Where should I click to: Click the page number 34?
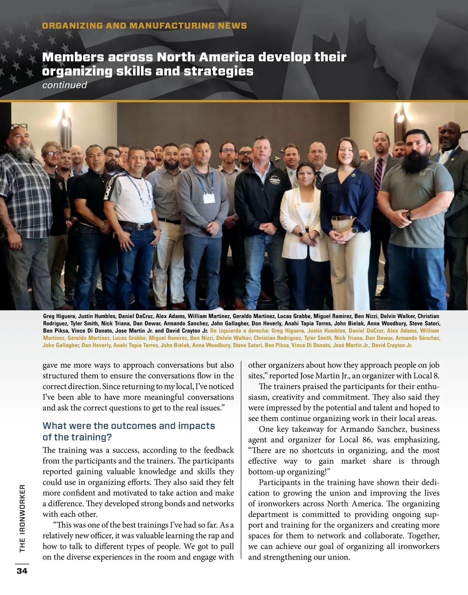pyautogui.click(x=22, y=571)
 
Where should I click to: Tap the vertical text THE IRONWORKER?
pyautogui.click(x=22, y=518)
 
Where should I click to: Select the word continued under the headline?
pyautogui.click(x=64, y=85)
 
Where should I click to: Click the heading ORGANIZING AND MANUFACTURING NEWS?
pyautogui.click(x=144, y=26)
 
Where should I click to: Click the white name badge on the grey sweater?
pyautogui.click(x=209, y=198)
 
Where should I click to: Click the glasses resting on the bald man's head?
pyautogui.click(x=19, y=127)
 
